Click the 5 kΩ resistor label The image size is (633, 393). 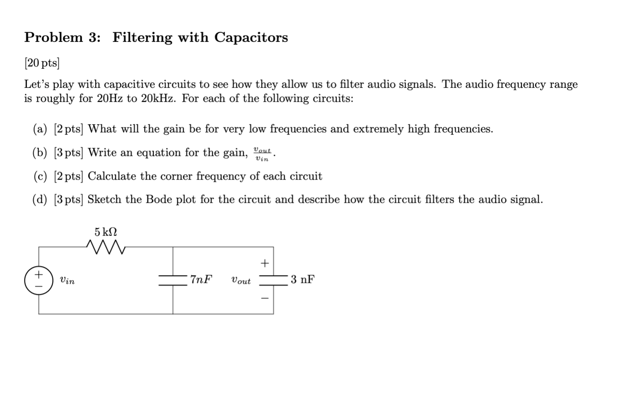(106, 232)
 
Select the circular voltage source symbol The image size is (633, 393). (39, 280)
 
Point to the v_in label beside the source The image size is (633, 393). (67, 280)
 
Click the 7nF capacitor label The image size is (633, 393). (201, 279)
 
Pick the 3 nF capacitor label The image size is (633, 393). (303, 279)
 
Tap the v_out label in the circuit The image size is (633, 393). (241, 281)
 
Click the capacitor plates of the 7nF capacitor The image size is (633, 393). (173, 280)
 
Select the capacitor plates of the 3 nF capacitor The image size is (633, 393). (273, 280)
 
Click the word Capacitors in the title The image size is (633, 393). (251, 37)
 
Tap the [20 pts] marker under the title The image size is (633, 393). (42, 63)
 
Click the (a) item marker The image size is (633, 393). (40, 129)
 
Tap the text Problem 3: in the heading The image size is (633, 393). (62, 37)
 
